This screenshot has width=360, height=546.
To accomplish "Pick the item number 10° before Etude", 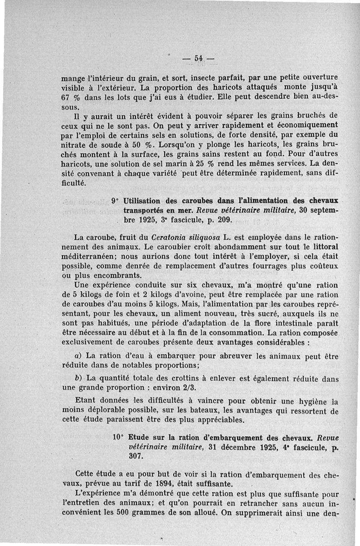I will (118, 437).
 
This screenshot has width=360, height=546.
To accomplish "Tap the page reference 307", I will (135, 456).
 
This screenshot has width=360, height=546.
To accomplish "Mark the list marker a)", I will (78, 356).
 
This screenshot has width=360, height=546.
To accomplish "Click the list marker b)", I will (77, 377).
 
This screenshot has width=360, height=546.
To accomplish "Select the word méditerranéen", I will (87, 257).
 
